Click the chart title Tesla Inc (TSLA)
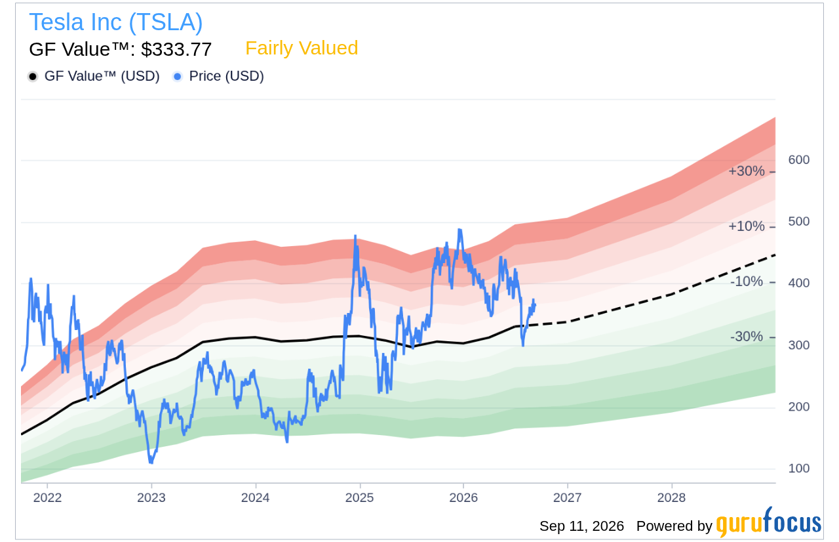[116, 22]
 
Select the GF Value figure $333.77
[176, 49]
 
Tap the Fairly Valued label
[302, 48]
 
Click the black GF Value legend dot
[33, 77]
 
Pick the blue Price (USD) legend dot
[178, 77]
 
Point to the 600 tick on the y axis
[798, 159]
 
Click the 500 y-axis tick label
[798, 221]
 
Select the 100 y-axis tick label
[798, 468]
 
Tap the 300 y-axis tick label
[798, 345]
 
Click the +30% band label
[746, 171]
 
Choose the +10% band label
[746, 226]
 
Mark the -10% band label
[746, 281]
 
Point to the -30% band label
[746, 337]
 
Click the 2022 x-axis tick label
[47, 497]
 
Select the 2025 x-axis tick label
[360, 497]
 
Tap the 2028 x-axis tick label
[672, 497]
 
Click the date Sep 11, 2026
[581, 526]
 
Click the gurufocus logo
[769, 522]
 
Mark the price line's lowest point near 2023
[151, 463]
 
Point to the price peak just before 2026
[459, 230]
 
